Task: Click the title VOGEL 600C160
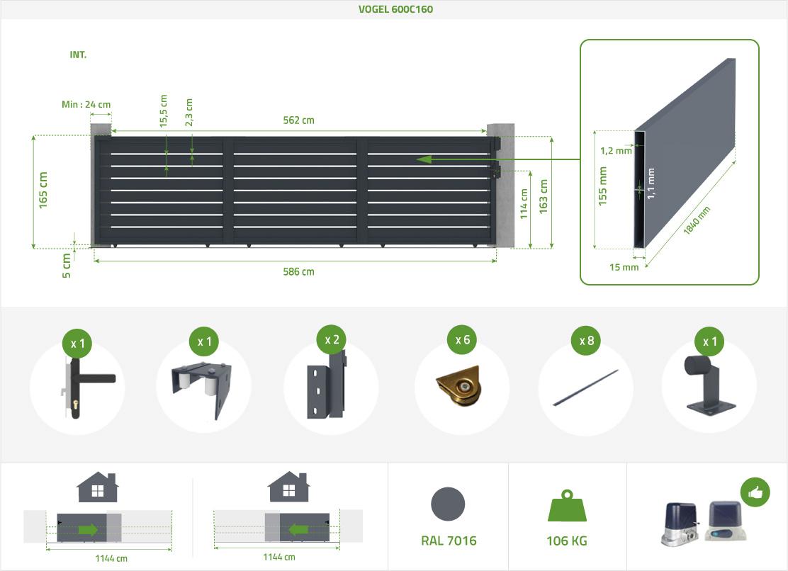coord(395,9)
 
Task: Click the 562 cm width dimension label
coord(298,120)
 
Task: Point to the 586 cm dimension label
coord(298,271)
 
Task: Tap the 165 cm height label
coord(44,189)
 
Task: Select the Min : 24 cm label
coord(86,104)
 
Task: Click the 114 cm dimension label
coord(525,204)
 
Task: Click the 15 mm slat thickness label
coord(624,267)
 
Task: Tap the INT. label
coord(78,55)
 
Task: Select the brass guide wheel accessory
coord(461,389)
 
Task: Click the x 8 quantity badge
coord(586,341)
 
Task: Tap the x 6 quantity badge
coord(462,340)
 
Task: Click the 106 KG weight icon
coord(566,507)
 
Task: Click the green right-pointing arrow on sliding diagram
coord(89,529)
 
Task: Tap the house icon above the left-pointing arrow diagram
coord(288,487)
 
